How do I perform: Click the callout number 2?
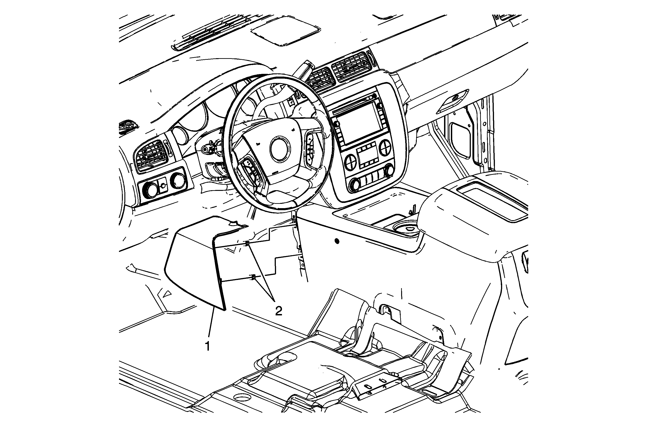pos(279,311)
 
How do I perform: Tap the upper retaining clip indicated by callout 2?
pos(247,243)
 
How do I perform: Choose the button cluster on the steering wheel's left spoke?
pos(250,175)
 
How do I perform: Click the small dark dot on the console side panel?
pos(337,241)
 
